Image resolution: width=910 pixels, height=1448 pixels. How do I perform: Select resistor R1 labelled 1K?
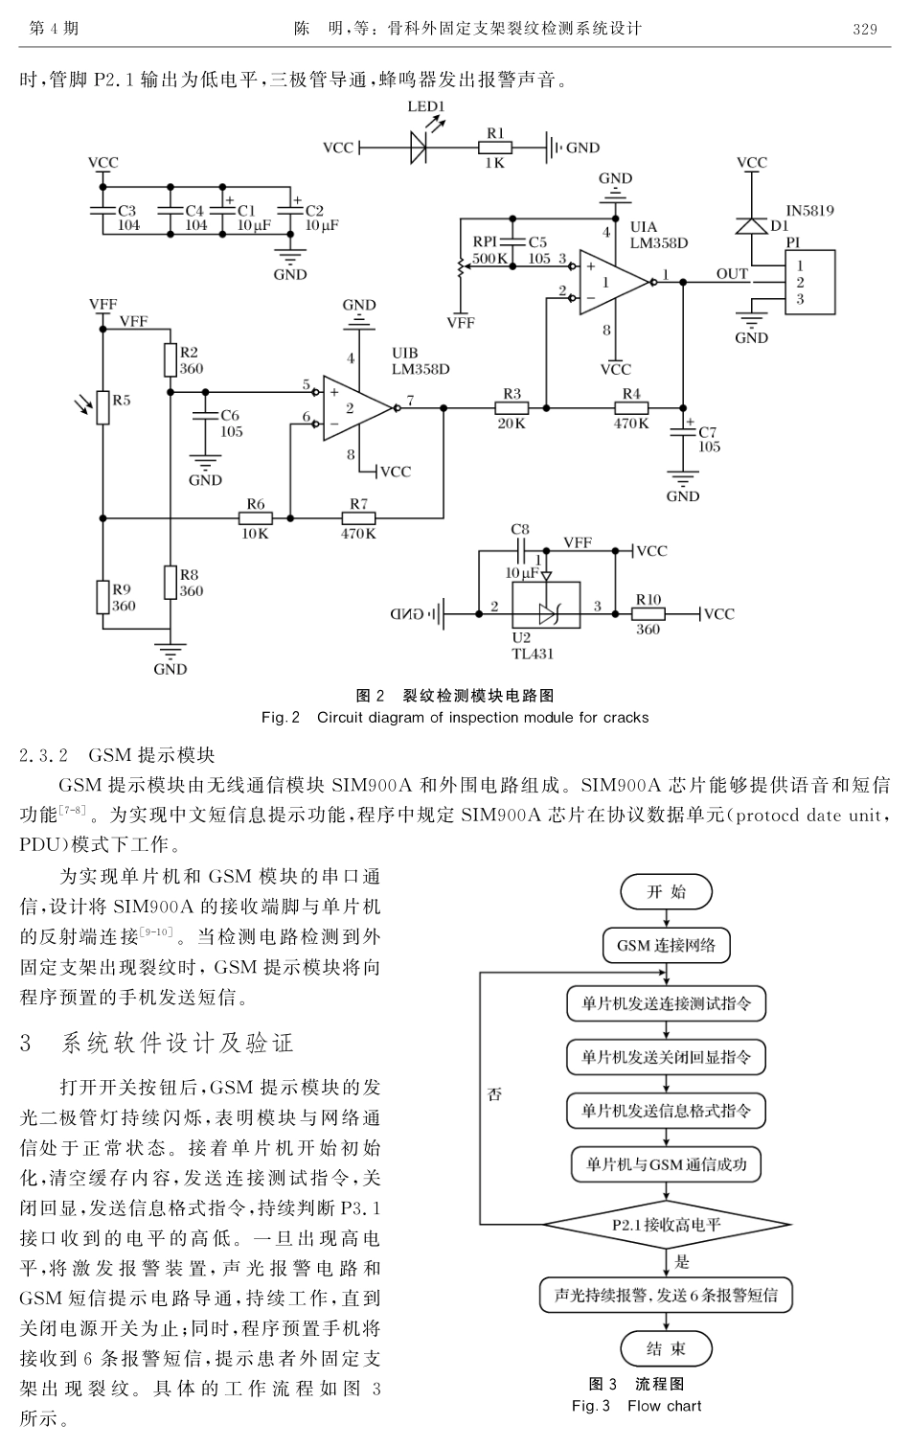click(494, 148)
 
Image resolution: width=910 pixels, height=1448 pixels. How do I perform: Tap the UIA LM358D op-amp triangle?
click(612, 283)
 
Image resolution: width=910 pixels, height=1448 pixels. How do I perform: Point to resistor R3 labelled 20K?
click(512, 408)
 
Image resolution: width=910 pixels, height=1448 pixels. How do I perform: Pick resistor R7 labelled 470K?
click(358, 518)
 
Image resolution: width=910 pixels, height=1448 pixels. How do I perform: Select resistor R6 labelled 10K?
click(255, 518)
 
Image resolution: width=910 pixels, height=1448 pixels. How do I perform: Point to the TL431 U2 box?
click(545, 605)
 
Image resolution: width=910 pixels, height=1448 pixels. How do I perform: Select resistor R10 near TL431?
click(648, 614)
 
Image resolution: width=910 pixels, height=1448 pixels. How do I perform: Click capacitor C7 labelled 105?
click(683, 430)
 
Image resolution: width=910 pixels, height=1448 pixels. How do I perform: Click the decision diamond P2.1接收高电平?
click(667, 1224)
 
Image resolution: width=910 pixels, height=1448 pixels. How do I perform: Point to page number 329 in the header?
click(864, 29)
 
